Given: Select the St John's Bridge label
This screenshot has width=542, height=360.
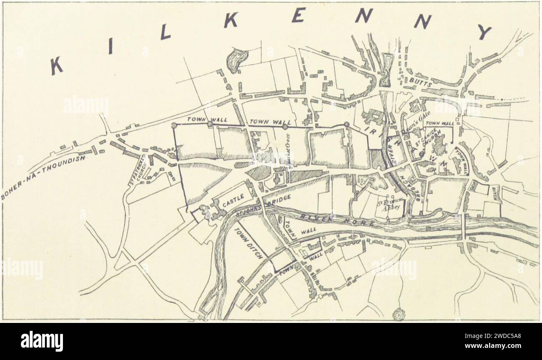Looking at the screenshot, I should [x=261, y=208].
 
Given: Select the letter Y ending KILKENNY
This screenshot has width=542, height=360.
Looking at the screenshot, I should [x=485, y=31].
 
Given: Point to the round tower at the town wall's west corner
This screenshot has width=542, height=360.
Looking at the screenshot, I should [x=175, y=124].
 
